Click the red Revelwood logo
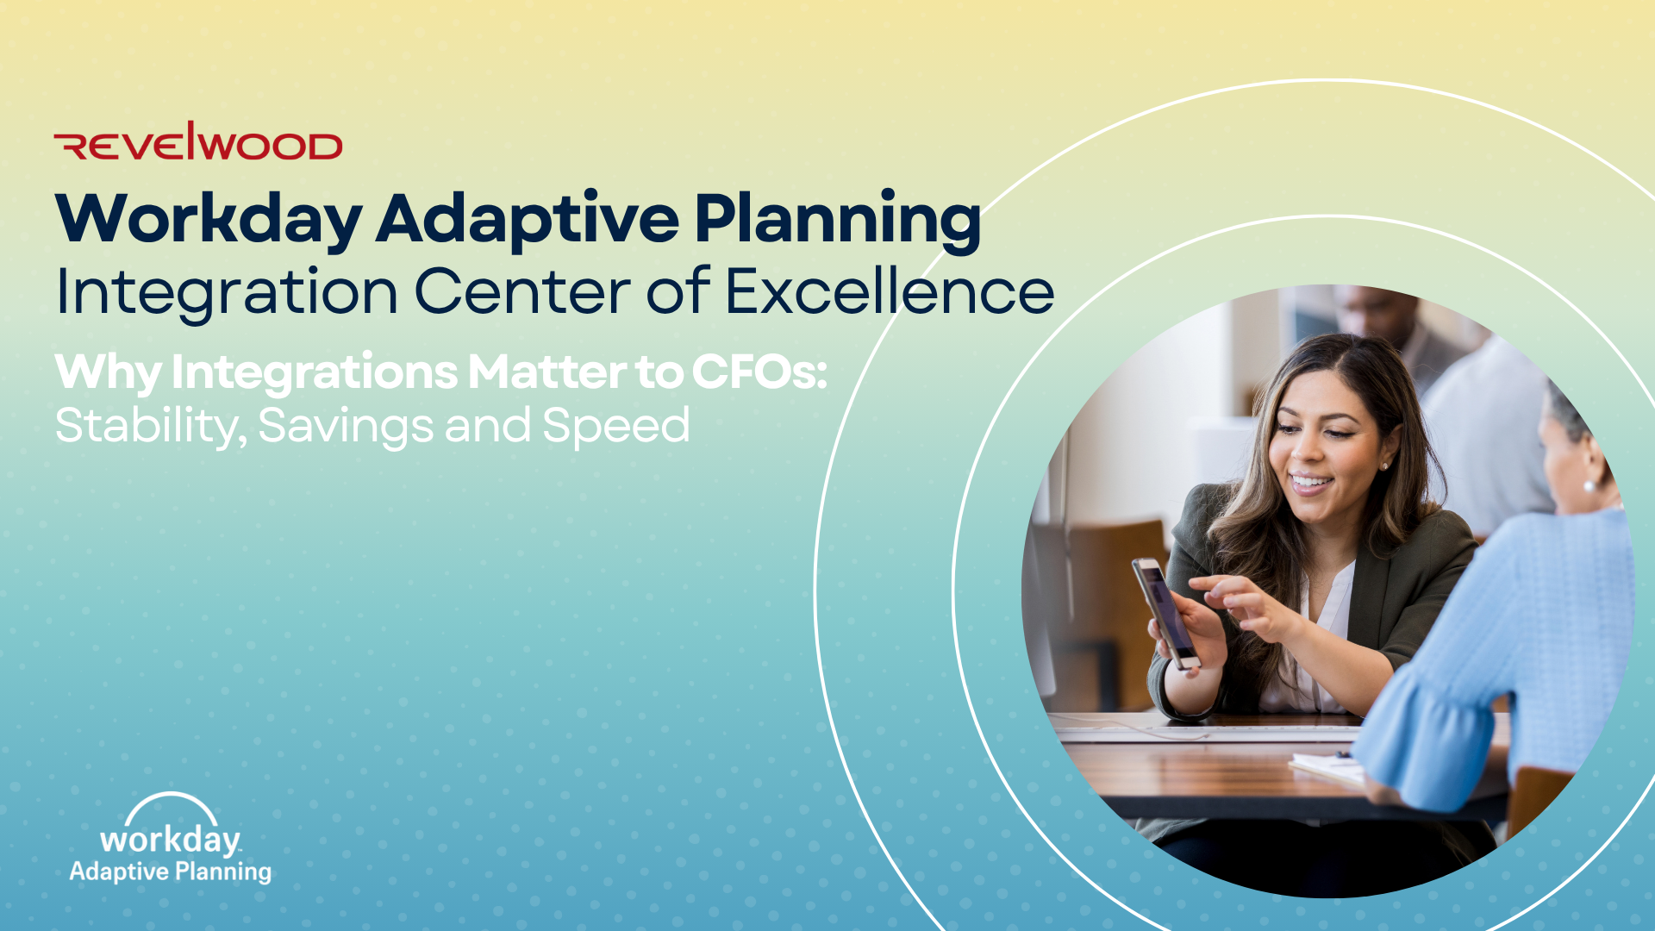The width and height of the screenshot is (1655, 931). point(198,141)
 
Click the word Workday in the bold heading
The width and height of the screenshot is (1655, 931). point(209,220)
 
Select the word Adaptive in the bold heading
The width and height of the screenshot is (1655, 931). point(528,220)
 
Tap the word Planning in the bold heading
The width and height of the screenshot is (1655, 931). point(838,220)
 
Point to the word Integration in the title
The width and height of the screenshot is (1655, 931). point(227,291)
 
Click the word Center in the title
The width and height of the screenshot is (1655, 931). point(522,291)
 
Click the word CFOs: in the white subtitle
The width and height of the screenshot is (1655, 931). point(759,372)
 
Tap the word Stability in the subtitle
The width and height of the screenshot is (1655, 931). point(152,426)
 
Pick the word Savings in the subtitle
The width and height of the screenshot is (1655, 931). point(345,426)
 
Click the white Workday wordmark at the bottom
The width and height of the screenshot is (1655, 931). point(170,840)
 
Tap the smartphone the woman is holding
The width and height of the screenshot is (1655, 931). point(1165,613)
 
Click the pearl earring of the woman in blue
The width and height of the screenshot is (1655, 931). point(1589,487)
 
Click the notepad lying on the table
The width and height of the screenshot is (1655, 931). point(1327,767)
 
